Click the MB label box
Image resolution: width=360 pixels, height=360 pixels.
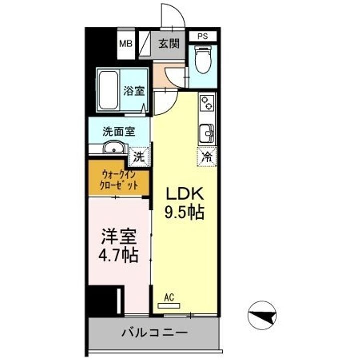coord(125,43)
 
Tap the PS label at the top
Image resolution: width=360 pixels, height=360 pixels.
coord(203,36)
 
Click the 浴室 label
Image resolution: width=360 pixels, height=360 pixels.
coord(134,91)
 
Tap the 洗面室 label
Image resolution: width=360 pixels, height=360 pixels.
coord(118,132)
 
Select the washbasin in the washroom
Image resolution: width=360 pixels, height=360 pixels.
coord(114,149)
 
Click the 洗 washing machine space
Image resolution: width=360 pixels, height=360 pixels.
coord(139,156)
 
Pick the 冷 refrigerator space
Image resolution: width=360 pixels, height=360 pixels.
coord(206,156)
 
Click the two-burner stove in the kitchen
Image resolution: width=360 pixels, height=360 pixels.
coord(206,104)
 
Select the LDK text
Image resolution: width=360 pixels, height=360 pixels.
coord(184,194)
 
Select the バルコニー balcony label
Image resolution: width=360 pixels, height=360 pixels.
coord(154,332)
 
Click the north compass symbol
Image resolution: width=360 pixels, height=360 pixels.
coord(262,315)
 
